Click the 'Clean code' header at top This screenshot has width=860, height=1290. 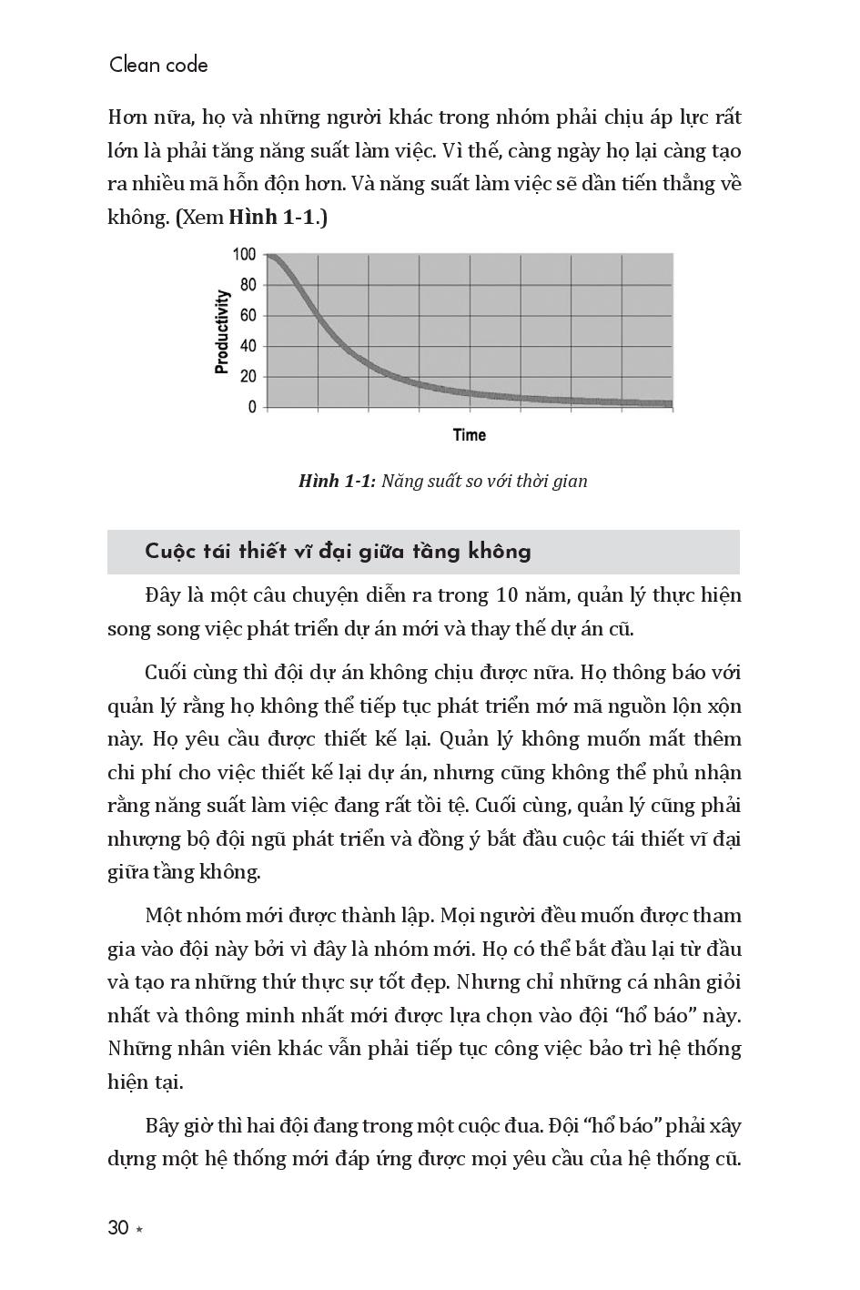click(158, 66)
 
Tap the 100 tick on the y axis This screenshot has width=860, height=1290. click(244, 255)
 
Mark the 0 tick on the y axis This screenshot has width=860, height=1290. click(252, 407)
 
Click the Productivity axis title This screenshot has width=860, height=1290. click(221, 331)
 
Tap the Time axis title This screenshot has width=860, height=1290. click(470, 435)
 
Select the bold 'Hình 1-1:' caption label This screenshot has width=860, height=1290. click(337, 481)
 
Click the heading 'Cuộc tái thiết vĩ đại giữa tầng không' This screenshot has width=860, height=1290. click(338, 552)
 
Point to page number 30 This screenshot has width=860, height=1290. click(118, 1228)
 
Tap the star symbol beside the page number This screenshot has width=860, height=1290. click(139, 1230)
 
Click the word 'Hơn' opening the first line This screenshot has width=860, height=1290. click(127, 117)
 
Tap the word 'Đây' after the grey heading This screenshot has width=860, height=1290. click(163, 595)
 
